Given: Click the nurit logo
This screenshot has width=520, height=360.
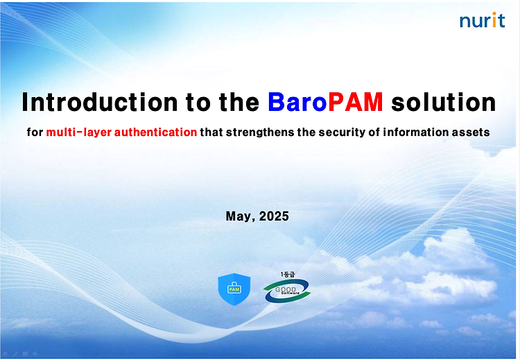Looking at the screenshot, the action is pyautogui.click(x=482, y=20).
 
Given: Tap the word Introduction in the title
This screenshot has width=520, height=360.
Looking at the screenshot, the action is pyautogui.click(x=99, y=102).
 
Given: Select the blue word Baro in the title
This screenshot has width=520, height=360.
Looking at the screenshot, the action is pyautogui.click(x=297, y=102).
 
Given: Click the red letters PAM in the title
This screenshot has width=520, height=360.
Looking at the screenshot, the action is pyautogui.click(x=355, y=102).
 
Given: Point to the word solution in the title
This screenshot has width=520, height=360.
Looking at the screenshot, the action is pyautogui.click(x=444, y=102).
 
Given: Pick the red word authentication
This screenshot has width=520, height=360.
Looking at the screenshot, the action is pyautogui.click(x=155, y=132).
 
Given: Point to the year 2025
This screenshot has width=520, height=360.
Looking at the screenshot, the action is pyautogui.click(x=274, y=216).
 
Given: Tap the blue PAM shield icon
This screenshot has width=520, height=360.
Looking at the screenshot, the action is pyautogui.click(x=234, y=289).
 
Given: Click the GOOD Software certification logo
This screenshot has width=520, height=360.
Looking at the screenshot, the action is pyautogui.click(x=287, y=291).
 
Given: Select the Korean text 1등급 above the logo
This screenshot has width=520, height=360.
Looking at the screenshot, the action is pyautogui.click(x=288, y=275).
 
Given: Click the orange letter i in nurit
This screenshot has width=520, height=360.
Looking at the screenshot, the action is pyautogui.click(x=494, y=19).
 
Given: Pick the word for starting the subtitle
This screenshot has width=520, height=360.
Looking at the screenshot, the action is pyautogui.click(x=35, y=132).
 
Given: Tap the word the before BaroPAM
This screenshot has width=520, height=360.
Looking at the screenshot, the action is pyautogui.click(x=239, y=102).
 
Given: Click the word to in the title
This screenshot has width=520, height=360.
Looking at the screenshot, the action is pyautogui.click(x=198, y=103).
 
